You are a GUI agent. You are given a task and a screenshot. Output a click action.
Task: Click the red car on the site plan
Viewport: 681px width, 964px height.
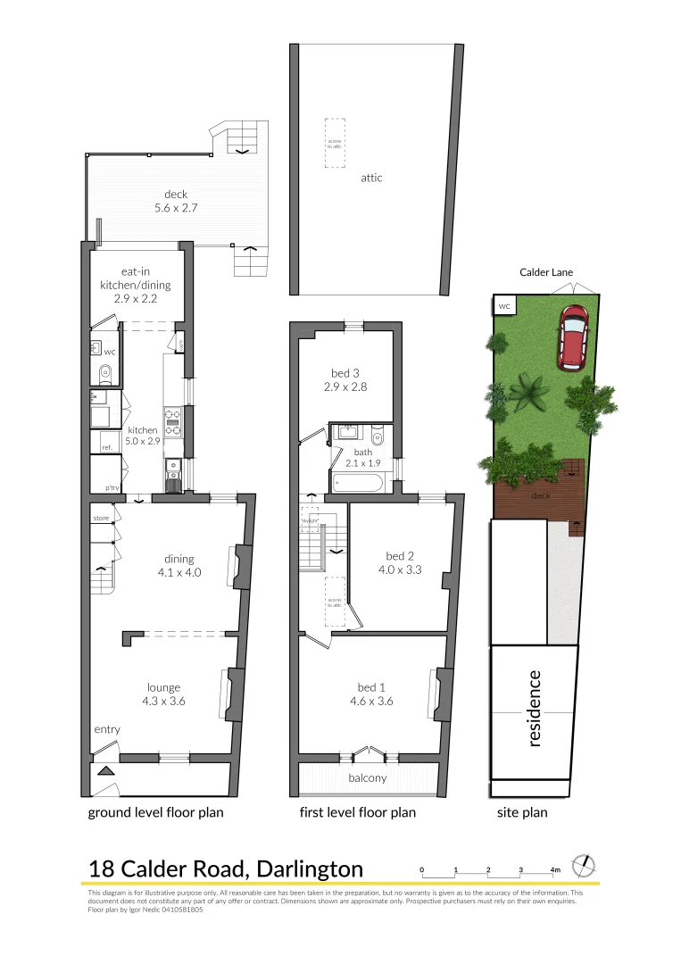tap(572, 337)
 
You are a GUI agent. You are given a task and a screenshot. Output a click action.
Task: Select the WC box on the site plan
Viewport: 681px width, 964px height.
tap(503, 306)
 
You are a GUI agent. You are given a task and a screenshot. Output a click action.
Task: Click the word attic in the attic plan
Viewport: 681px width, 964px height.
tap(371, 178)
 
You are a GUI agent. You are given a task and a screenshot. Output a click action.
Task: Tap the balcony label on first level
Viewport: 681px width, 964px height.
tap(368, 777)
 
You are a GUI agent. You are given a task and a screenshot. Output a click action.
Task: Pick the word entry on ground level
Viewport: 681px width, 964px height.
tap(107, 730)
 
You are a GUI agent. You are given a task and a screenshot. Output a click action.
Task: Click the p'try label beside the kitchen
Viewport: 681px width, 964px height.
tap(112, 487)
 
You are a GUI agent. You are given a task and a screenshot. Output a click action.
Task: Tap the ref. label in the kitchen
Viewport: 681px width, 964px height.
tap(106, 447)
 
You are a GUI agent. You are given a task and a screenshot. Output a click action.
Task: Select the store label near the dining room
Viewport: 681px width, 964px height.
tap(100, 518)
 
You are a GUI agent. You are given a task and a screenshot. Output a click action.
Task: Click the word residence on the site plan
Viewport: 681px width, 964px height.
tap(535, 709)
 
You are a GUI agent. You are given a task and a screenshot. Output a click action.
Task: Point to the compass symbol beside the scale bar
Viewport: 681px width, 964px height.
tap(583, 865)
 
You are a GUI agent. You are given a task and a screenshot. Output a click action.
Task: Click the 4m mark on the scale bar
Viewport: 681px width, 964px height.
tap(555, 869)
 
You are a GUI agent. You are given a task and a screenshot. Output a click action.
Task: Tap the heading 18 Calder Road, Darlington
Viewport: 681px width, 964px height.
tap(226, 868)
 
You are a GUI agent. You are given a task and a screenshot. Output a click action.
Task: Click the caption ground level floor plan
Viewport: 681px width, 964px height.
tap(155, 812)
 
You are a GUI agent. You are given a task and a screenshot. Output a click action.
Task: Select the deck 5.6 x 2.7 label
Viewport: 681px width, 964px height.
tap(175, 201)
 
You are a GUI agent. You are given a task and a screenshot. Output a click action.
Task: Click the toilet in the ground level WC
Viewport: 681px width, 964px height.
tap(103, 373)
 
